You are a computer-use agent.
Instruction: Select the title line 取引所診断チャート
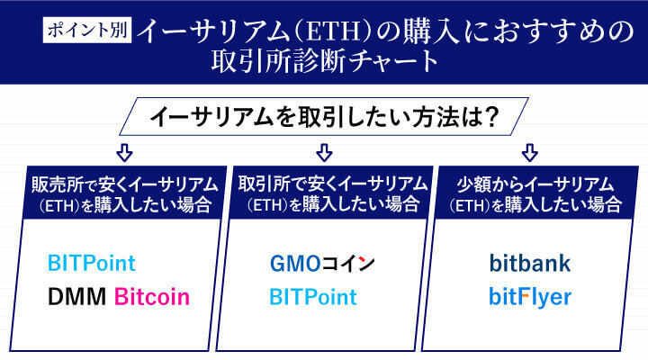[323, 62]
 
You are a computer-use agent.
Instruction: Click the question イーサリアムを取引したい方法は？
[323, 117]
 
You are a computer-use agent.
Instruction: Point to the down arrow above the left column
[124, 150]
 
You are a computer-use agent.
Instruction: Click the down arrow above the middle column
[324, 150]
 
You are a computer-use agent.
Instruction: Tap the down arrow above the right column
[530, 150]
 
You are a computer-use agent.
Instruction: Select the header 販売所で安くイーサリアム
[123, 184]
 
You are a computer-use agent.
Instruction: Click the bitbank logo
[530, 264]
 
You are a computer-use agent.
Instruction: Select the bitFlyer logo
[530, 296]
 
